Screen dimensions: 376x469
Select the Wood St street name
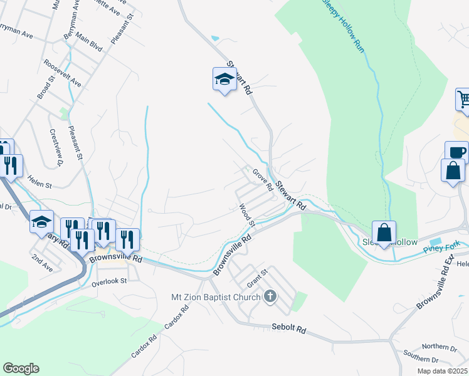247,214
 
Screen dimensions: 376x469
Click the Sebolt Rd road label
288,328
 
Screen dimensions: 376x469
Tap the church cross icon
270,296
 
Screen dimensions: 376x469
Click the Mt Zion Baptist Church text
216,296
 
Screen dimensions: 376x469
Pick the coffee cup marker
457,152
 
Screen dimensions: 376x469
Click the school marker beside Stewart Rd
224,80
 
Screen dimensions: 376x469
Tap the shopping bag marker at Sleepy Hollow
384,232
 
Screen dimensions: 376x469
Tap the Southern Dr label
422,360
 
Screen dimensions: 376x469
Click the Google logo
21,368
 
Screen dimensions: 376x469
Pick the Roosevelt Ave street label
63,74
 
